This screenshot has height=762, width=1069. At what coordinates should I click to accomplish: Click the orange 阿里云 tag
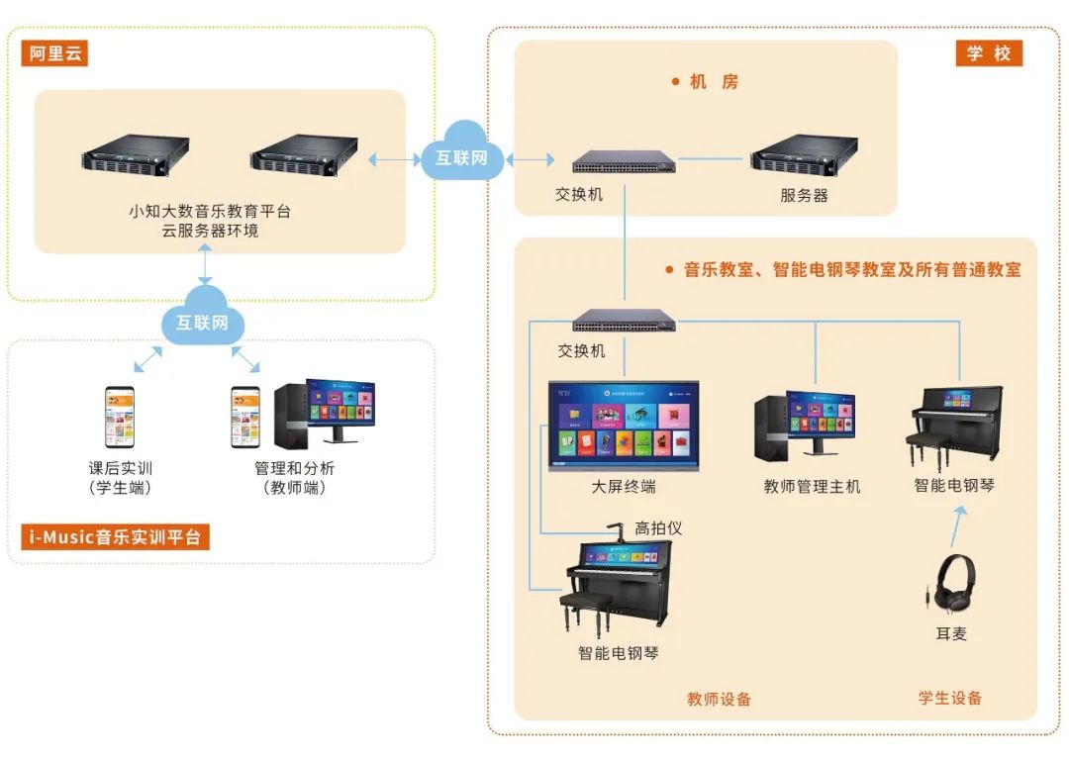point(54,53)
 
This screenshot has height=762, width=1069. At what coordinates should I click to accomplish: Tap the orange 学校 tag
point(988,53)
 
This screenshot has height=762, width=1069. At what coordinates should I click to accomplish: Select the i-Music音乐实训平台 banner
point(116,537)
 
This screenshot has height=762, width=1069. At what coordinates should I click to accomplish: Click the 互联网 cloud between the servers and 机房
point(462,155)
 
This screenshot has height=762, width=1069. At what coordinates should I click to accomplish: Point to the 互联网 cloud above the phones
point(203,321)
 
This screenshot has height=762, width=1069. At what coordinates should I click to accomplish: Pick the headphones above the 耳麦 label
point(951,580)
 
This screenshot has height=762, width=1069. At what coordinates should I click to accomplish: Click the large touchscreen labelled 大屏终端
point(624,425)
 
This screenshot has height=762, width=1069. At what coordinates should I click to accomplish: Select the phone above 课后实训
point(120,417)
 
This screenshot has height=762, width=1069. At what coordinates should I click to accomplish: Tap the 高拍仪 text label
point(658,528)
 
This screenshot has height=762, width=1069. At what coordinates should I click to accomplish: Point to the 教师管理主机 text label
point(812,486)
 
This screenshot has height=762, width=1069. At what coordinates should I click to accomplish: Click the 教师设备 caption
point(720,699)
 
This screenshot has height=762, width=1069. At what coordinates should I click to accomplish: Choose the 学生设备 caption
point(950,698)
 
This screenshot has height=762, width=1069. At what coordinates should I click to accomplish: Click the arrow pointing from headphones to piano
point(956,525)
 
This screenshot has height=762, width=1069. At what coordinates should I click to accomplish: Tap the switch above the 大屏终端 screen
point(625,321)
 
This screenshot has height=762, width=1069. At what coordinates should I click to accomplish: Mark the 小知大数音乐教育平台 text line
point(210,211)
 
